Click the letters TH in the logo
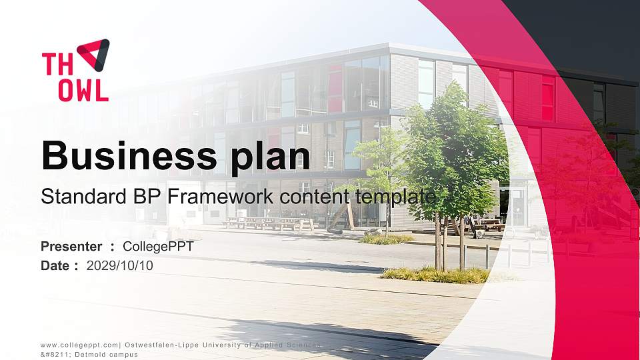(56, 65)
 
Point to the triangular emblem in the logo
(93, 53)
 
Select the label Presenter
(71, 247)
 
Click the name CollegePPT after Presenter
(158, 247)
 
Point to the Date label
(55, 265)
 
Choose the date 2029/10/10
(120, 265)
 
